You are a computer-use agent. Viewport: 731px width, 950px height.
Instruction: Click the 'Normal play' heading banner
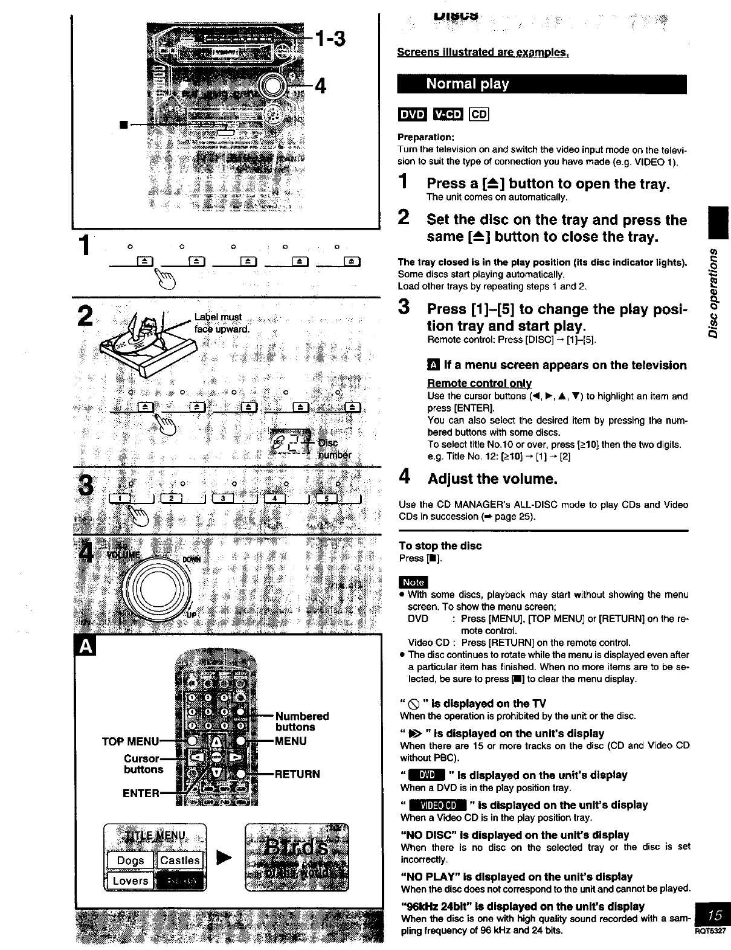click(541, 84)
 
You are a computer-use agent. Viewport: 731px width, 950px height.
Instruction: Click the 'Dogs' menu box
click(130, 860)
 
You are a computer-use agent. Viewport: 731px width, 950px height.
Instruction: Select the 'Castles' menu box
click(180, 860)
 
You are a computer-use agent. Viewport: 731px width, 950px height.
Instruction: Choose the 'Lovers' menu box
click(130, 881)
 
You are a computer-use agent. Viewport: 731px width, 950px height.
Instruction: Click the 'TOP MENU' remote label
click(130, 741)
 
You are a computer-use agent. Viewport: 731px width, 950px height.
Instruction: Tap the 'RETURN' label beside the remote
click(298, 774)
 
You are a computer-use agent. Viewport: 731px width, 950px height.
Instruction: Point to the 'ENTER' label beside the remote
click(141, 793)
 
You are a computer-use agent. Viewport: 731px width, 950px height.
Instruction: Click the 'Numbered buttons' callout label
click(302, 722)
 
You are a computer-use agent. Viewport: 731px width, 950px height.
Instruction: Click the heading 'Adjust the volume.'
click(492, 479)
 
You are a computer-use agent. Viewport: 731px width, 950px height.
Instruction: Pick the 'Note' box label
click(413, 581)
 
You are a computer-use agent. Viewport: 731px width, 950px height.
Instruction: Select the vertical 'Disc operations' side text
click(714, 292)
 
